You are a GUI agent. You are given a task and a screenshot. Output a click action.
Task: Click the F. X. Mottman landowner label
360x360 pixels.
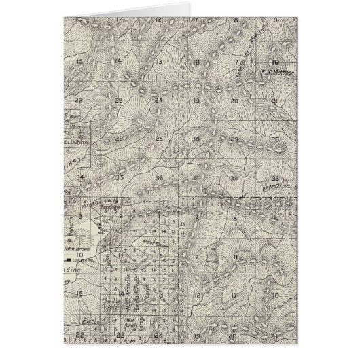click(x=278, y=70)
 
